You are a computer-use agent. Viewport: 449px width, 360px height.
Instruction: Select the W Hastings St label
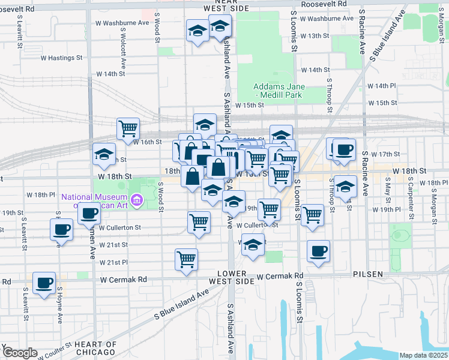click(61, 58)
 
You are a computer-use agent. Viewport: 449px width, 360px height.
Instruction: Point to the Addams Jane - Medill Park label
click(279, 91)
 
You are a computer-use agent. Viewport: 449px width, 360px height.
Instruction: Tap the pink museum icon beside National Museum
click(137, 199)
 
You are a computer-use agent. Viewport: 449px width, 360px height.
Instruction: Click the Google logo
click(19, 353)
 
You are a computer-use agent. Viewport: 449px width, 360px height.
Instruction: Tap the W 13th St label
click(315, 36)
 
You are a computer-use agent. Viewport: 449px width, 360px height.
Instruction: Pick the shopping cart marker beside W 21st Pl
click(187, 260)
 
